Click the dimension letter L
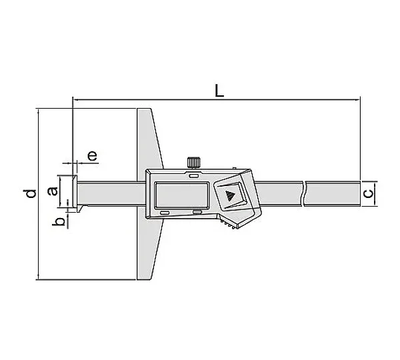(219, 91)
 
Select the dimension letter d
(31, 193)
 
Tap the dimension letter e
(93, 155)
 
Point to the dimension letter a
(53, 191)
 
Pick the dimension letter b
(59, 222)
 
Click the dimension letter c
(368, 193)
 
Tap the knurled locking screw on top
(194, 163)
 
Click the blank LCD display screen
(182, 195)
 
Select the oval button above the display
(193, 176)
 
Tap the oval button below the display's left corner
(165, 213)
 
